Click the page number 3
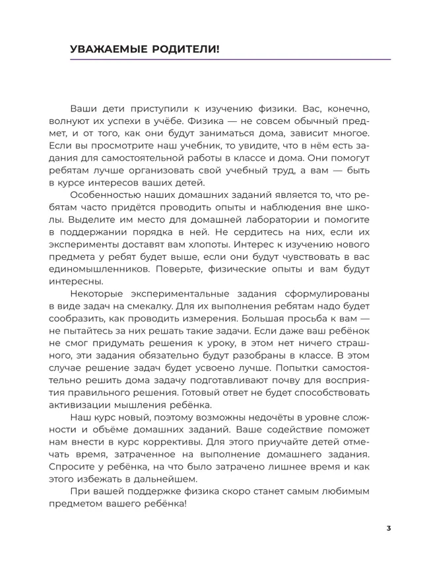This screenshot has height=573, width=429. (x=389, y=528)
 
